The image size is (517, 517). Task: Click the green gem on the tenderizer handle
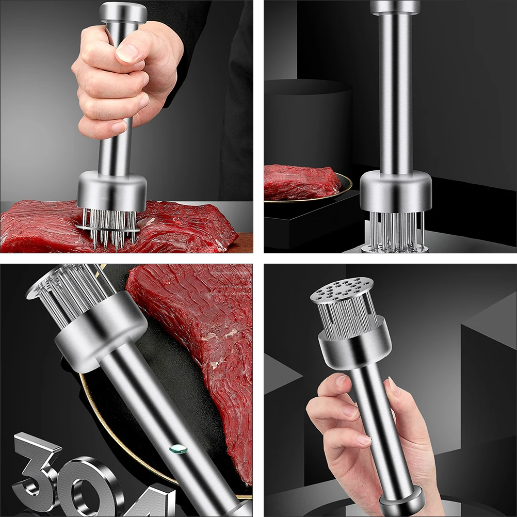[178, 448]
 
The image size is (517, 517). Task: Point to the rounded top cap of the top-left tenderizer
[123, 12]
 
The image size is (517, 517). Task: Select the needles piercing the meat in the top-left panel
[109, 228]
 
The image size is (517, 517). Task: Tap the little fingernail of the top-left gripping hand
[119, 127]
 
